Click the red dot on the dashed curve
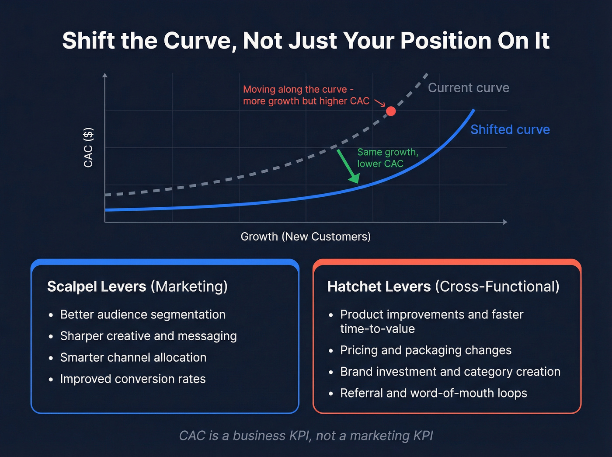[391, 111]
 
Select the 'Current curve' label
[468, 88]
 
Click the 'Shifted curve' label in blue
[510, 129]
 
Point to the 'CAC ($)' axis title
[88, 147]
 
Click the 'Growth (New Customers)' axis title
[306, 237]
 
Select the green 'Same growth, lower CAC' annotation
[387, 158]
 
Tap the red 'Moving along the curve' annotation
[306, 95]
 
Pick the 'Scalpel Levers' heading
[97, 286]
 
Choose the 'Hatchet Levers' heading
[379, 286]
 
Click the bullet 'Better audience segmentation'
[143, 314]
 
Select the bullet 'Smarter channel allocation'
[133, 357]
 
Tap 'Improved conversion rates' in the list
[132, 379]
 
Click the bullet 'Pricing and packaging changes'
[425, 350]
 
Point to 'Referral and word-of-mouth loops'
[433, 393]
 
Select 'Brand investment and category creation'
[450, 372]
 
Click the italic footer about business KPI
[306, 436]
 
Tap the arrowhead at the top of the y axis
[105, 75]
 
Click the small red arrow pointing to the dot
[380, 103]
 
